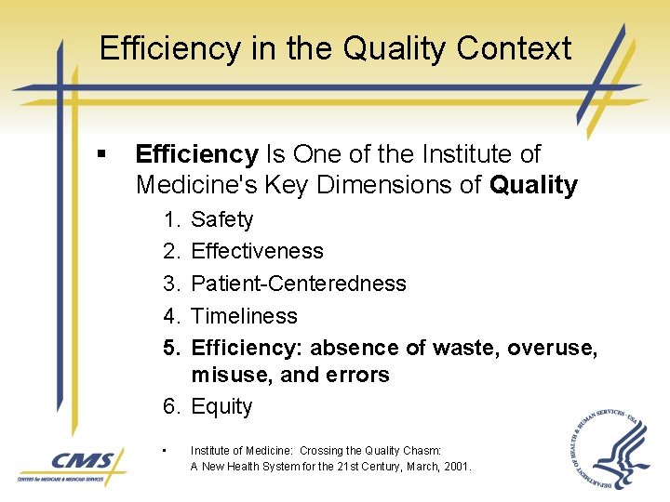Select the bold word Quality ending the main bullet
tap(533, 185)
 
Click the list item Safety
tap(221, 219)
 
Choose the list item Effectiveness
tap(257, 251)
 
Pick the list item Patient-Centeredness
tap(299, 284)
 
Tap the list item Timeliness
tap(244, 316)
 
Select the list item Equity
tap(221, 406)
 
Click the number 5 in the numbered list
tap(170, 348)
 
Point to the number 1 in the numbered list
tap(170, 219)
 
